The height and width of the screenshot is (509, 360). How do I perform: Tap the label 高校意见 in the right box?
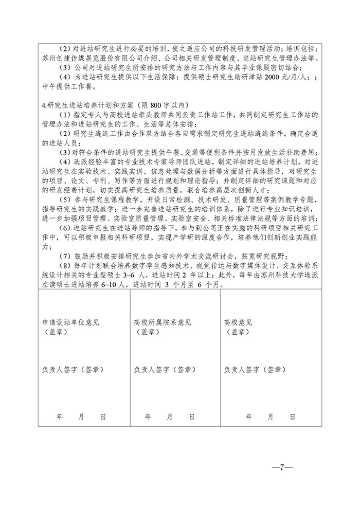tap(238, 323)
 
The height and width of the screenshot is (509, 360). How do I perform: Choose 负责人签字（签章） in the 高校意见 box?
tap(255, 369)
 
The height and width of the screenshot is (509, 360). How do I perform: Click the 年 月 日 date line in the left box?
tap(80, 417)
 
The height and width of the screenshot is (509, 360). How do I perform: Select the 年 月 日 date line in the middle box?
tap(169, 417)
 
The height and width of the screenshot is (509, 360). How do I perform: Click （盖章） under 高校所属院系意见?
tap(145, 332)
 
